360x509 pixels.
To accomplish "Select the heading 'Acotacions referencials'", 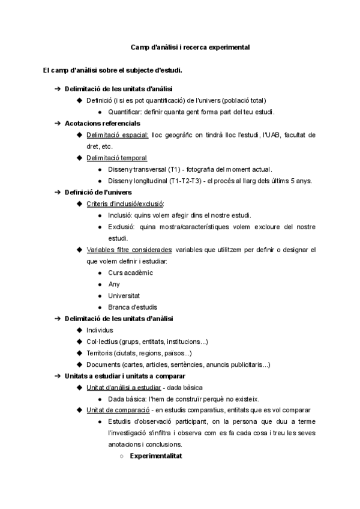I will [x=98, y=123].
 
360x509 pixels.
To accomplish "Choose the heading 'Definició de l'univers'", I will [x=94, y=192].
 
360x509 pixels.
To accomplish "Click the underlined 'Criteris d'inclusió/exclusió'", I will [x=125, y=203].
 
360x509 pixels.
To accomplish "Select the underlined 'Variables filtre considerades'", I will [x=129, y=250].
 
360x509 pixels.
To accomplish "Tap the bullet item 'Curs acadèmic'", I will [x=130, y=273].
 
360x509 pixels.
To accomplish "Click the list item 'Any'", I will [x=114, y=284].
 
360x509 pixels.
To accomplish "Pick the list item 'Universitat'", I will [x=124, y=295].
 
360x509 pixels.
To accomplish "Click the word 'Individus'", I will [x=100, y=330].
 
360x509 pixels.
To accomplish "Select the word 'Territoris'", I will [x=101, y=353].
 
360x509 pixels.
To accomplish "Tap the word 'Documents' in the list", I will [x=103, y=364].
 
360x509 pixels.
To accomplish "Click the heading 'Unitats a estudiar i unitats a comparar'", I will [x=121, y=376].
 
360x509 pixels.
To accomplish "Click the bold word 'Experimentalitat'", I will [x=156, y=456].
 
